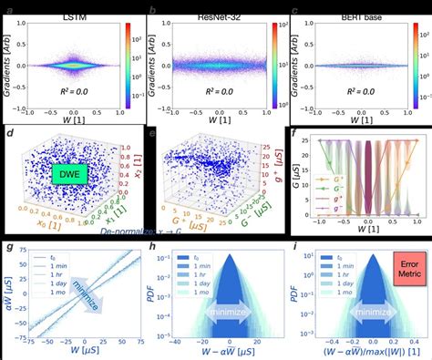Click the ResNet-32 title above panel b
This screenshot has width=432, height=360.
pyautogui.click(x=209, y=7)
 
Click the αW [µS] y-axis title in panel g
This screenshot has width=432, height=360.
pyautogui.click(x=8, y=293)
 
